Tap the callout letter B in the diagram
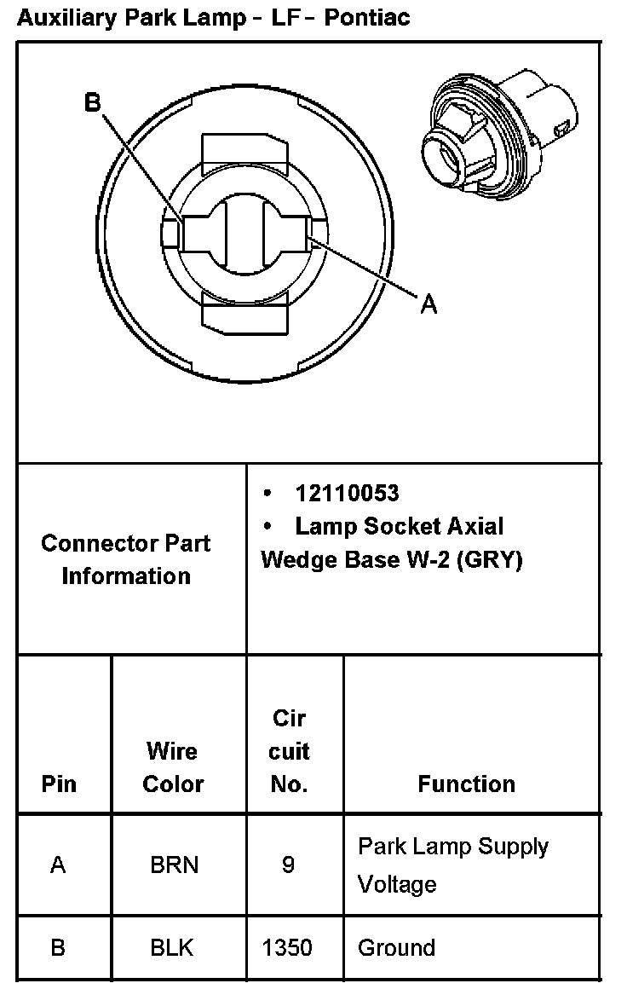(92, 102)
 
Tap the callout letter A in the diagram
(429, 304)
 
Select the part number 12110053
(347, 494)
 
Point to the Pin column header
(59, 784)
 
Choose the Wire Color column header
(173, 767)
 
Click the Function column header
(466, 784)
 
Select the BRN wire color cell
(174, 865)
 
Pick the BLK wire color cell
(174, 947)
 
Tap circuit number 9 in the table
(288, 865)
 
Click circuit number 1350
(288, 947)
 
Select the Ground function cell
(396, 947)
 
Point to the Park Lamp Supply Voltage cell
(452, 865)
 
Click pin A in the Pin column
(58, 865)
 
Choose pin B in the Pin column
(58, 947)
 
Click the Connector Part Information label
(126, 559)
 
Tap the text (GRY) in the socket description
(489, 560)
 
